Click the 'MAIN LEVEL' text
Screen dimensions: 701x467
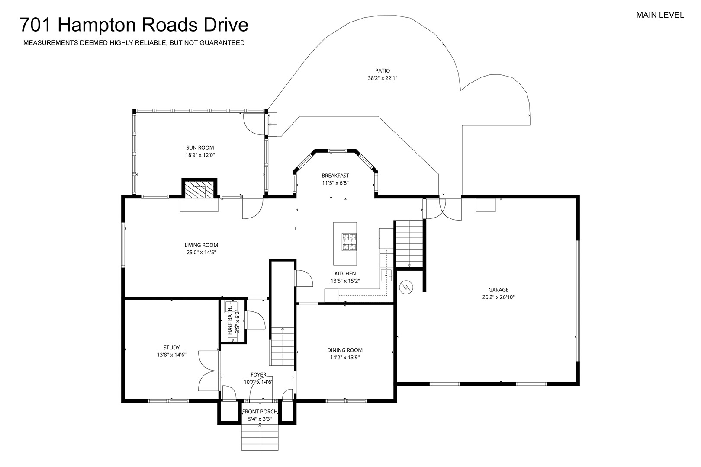click(660, 15)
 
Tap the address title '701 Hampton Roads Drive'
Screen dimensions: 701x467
click(134, 25)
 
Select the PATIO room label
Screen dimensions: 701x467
click(383, 70)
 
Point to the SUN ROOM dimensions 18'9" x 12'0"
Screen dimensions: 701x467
click(200, 155)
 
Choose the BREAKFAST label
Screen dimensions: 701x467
click(335, 176)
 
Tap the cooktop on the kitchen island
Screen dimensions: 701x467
click(349, 242)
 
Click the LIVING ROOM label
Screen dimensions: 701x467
click(201, 245)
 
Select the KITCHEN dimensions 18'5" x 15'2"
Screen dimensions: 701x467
click(345, 281)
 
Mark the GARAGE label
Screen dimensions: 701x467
click(498, 290)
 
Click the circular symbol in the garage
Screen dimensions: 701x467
click(406, 287)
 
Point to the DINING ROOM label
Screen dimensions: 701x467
click(345, 350)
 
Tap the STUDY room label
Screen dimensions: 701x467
click(171, 347)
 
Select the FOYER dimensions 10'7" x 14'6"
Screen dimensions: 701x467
click(258, 382)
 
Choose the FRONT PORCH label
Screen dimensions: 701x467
click(260, 412)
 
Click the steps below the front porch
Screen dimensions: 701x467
click(260, 437)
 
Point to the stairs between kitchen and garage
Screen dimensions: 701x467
click(409, 244)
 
